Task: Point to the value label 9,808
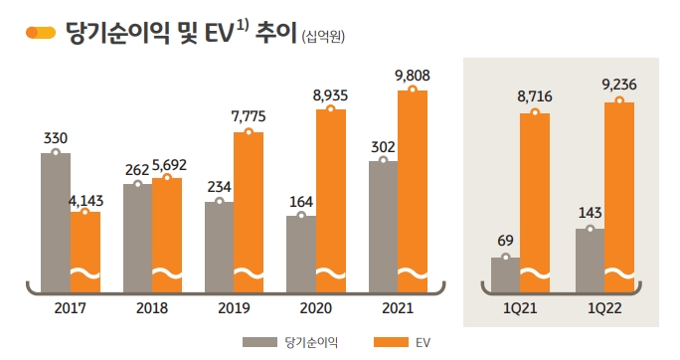413,75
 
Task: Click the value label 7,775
249,116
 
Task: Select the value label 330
56,137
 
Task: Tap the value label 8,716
535,97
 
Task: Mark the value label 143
590,213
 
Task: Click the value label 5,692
170,164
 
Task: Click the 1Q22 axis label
604,308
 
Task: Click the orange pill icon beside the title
40,33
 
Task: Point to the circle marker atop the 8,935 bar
330,109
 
